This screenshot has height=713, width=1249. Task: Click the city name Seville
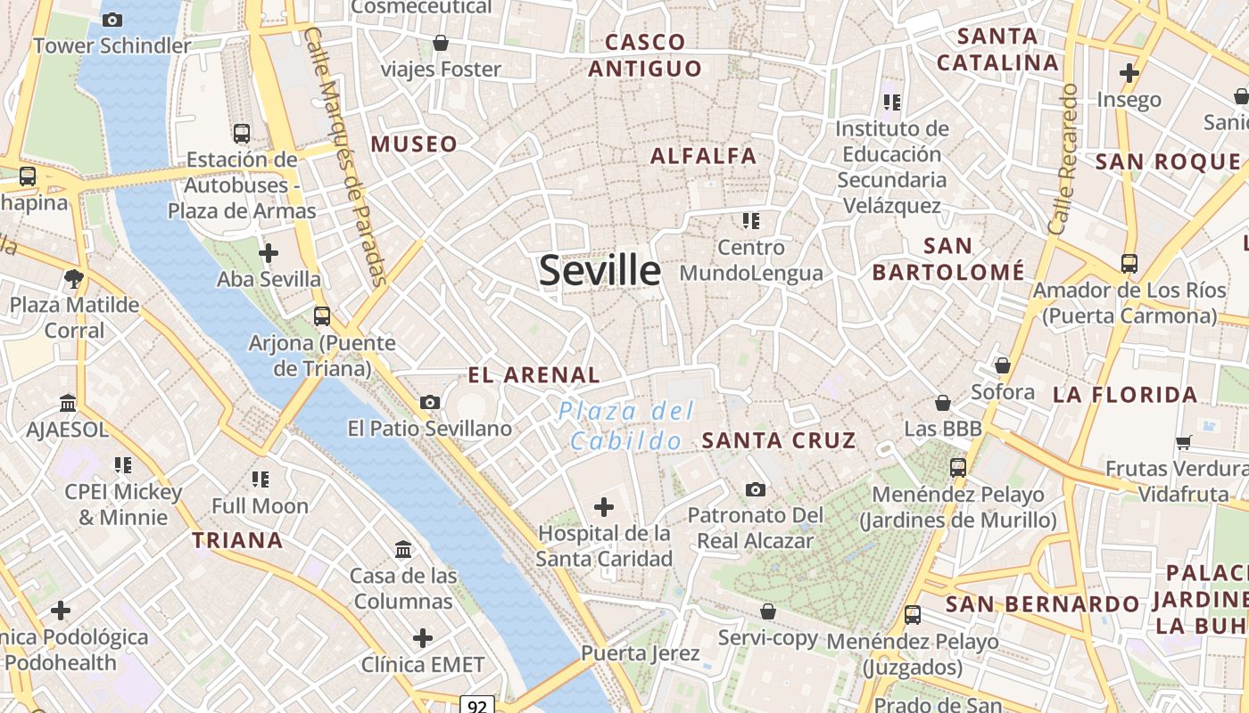(600, 270)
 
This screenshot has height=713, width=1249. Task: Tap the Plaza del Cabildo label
(625, 425)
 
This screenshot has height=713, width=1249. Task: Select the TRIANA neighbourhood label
(237, 540)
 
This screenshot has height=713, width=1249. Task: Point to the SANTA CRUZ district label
(779, 440)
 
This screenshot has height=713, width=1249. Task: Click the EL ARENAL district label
(534, 375)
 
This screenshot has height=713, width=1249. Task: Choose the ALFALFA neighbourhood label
(703, 156)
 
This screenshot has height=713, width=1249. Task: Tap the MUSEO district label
(414, 144)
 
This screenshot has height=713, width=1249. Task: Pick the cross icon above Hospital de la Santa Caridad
(604, 507)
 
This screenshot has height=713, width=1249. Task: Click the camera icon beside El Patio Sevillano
(430, 402)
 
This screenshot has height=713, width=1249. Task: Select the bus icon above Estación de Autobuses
(241, 134)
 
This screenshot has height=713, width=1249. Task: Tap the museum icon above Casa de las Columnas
(402, 549)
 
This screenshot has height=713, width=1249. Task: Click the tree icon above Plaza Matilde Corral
(74, 279)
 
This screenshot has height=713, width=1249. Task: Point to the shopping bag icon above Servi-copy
(767, 611)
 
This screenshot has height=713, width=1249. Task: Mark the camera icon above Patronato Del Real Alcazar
(755, 489)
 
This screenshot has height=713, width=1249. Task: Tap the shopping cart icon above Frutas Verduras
(1184, 442)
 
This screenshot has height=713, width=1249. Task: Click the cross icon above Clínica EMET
(423, 638)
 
